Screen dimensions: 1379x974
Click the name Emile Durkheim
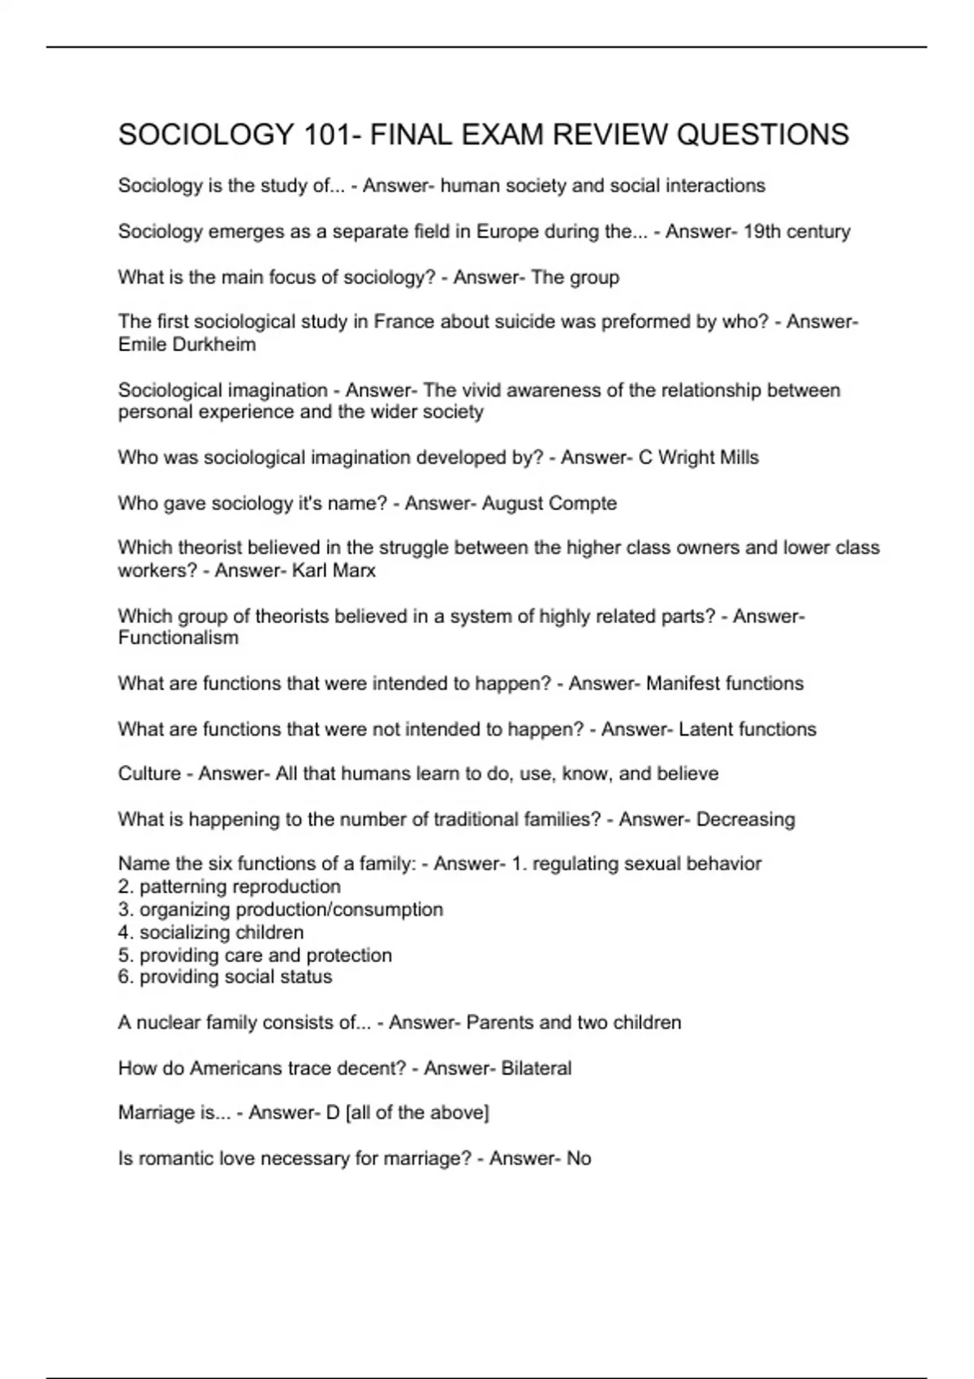click(187, 345)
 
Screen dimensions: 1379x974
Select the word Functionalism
click(179, 638)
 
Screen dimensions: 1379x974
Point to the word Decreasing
click(745, 819)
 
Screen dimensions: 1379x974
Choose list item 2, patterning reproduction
click(230, 887)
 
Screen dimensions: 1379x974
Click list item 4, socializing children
click(211, 932)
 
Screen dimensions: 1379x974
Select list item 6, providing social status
click(225, 977)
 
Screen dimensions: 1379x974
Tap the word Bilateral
click(536, 1068)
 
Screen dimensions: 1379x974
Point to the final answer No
click(579, 1158)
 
